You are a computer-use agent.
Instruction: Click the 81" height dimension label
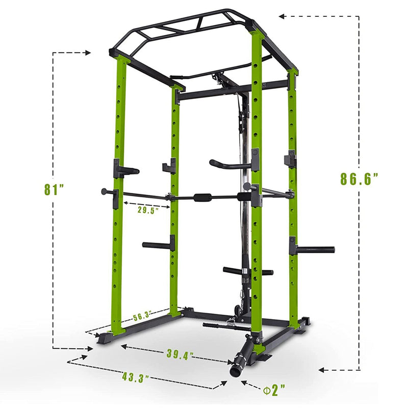[53, 190]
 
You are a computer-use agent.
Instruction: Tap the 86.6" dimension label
[359, 179]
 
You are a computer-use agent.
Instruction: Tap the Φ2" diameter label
[275, 391]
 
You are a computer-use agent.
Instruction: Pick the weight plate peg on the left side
[158, 245]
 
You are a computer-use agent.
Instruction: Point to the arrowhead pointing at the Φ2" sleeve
[244, 382]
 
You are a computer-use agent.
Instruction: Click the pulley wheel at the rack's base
[236, 310]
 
